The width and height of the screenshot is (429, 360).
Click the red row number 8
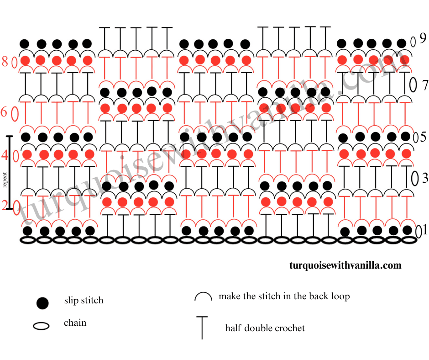point(5,62)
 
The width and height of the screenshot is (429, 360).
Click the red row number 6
point(4,111)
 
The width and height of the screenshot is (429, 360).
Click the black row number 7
point(425,85)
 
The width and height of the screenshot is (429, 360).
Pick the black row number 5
point(423,137)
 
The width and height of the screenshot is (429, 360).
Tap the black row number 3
point(425,178)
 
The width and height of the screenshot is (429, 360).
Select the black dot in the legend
point(42,302)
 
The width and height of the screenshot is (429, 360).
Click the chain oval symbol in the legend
point(42,326)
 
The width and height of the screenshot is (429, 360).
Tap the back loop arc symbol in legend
point(204,297)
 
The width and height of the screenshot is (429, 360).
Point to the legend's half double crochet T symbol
point(201,327)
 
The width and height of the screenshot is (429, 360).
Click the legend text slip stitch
point(84,301)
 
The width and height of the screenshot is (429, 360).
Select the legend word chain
point(75,323)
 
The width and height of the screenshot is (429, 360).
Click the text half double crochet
point(265,328)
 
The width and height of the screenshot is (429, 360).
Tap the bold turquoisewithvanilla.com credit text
point(345,265)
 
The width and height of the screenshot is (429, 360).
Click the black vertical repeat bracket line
point(10,172)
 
